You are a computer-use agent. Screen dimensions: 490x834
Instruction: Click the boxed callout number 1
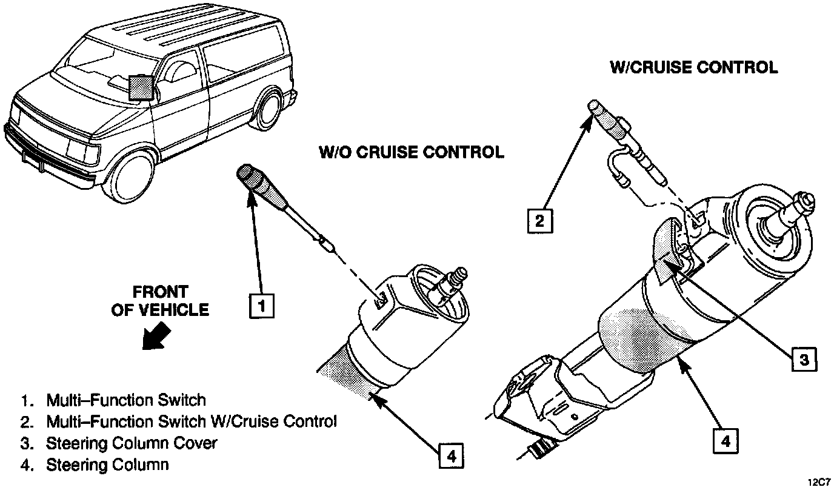point(262,306)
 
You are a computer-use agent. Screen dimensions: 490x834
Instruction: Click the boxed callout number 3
point(804,359)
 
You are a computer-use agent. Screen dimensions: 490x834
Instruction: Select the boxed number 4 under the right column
point(725,441)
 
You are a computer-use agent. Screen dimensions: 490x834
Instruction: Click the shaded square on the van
point(141,87)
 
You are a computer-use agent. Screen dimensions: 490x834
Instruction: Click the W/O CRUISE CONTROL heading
point(412,152)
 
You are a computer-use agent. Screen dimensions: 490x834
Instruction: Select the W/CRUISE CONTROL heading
point(693,67)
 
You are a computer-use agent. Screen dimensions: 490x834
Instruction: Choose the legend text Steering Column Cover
point(131,443)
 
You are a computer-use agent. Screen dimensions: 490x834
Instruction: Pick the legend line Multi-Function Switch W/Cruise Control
point(191,421)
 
